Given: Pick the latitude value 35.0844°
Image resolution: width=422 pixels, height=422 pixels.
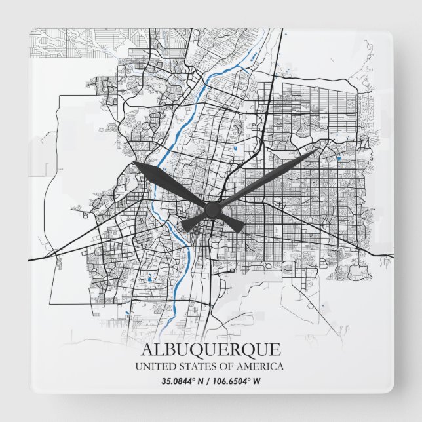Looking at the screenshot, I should click(179, 381).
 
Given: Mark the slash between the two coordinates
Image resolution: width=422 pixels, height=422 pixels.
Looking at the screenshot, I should click(210, 381).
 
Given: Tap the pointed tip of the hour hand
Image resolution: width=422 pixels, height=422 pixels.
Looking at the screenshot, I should click(134, 163).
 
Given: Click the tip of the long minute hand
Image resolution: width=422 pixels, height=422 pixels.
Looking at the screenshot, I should click(320, 149).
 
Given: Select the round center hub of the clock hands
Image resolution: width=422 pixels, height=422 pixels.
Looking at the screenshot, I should click(212, 209).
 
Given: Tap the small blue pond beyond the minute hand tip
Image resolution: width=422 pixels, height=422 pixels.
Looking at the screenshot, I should click(338, 158).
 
